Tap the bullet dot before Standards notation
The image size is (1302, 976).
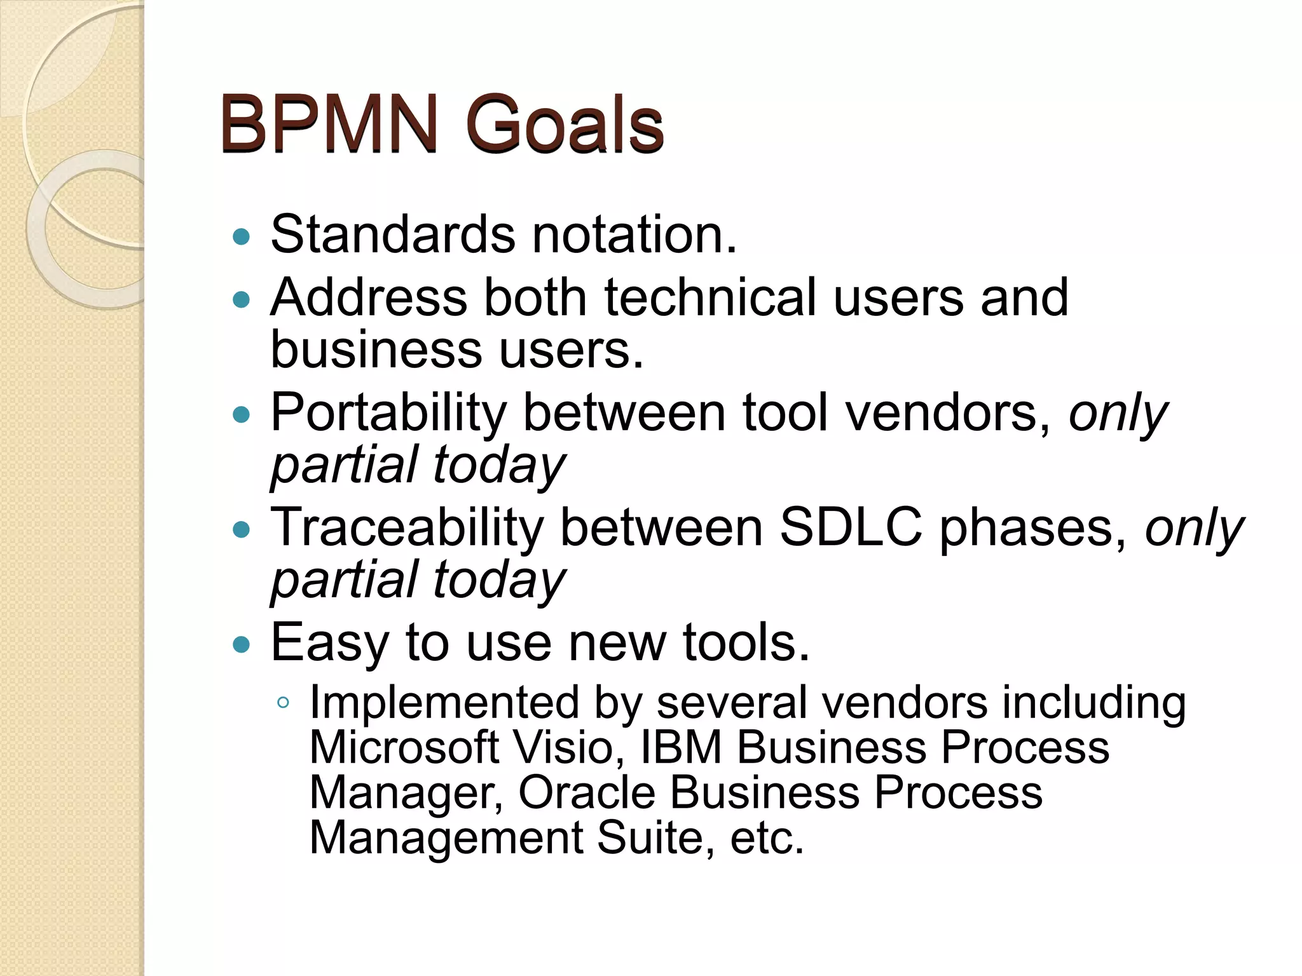[242, 238]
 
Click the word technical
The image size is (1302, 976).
[710, 297]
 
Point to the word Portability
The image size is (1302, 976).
[388, 414]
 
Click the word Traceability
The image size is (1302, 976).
[407, 528]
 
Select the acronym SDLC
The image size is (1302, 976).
[851, 527]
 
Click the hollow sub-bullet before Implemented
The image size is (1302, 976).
[284, 703]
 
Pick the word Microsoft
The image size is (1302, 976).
[404, 747]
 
